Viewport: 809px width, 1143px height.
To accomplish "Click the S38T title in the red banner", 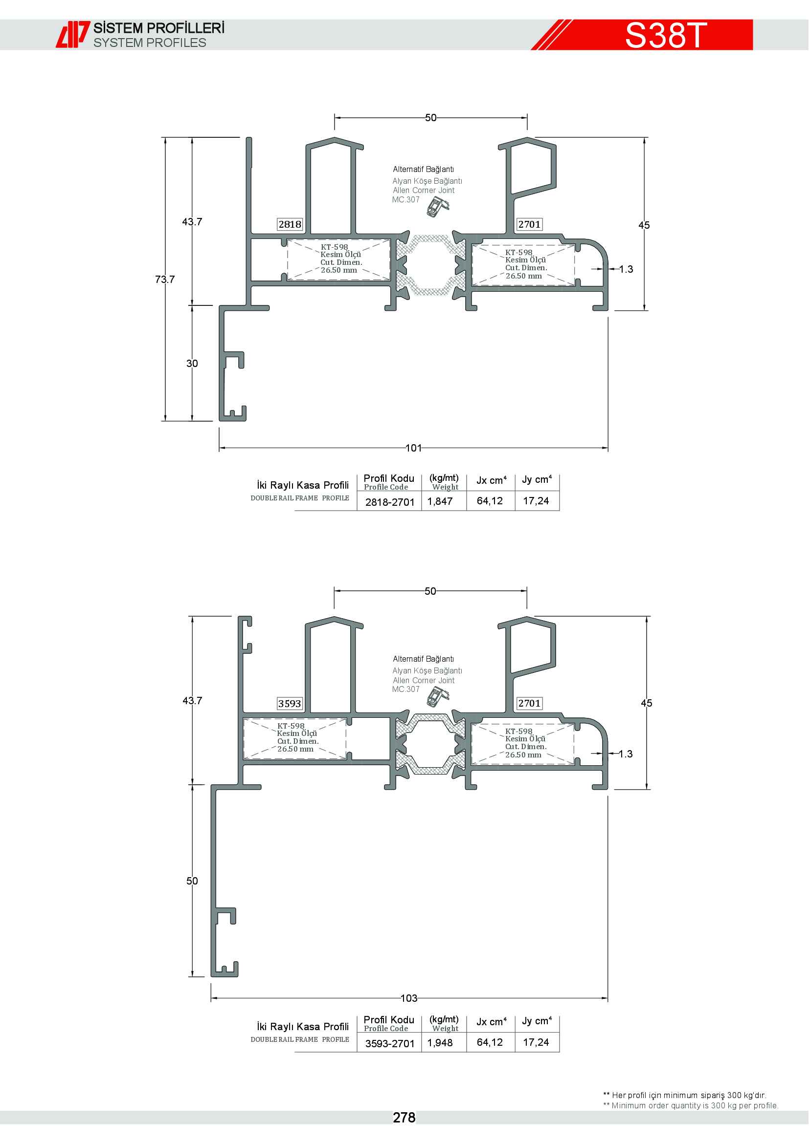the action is [666, 35].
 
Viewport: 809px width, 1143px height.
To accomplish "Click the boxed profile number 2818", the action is [290, 224].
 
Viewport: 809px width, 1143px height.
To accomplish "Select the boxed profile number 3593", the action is [290, 703].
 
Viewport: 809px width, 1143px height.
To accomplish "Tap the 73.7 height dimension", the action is [165, 280].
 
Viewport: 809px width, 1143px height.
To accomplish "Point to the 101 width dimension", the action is [413, 448].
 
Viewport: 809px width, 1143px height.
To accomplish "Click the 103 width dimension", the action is [409, 998].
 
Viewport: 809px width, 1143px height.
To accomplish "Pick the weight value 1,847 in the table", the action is [440, 501].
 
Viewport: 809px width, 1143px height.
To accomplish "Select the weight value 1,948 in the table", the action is [440, 1042].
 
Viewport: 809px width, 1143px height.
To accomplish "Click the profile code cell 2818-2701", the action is [390, 502].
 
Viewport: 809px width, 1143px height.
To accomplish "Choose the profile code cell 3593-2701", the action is [390, 1043].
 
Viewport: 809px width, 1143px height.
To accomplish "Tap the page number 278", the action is [404, 1118].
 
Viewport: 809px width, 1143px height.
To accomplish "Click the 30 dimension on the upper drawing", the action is [192, 364].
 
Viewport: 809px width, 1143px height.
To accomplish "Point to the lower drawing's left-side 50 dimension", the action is [192, 881].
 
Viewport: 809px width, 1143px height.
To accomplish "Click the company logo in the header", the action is [72, 34].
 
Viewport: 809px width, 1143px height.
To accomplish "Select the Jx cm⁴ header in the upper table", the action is [491, 480].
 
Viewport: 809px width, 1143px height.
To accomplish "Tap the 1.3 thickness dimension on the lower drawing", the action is [626, 754].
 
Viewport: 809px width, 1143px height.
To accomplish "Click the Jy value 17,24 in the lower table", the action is [536, 1042].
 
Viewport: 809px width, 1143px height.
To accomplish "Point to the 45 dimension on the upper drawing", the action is [644, 225].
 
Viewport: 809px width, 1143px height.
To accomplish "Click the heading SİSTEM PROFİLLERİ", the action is [159, 28].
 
